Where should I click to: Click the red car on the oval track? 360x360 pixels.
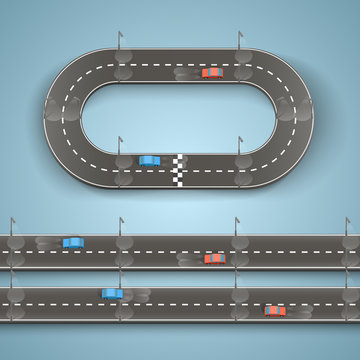coord(211,72)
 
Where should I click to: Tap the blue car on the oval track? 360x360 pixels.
coord(149,160)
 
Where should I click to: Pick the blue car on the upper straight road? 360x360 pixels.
coord(72,242)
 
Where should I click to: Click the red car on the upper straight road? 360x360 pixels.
coord(214,258)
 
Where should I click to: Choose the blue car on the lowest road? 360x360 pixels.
coord(112,294)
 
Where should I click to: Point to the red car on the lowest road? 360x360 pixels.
coord(274,310)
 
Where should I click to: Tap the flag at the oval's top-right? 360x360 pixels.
coord(241,37)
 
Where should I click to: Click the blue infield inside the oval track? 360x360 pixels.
coord(180,116)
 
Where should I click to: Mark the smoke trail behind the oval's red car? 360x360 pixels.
coord(186,74)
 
